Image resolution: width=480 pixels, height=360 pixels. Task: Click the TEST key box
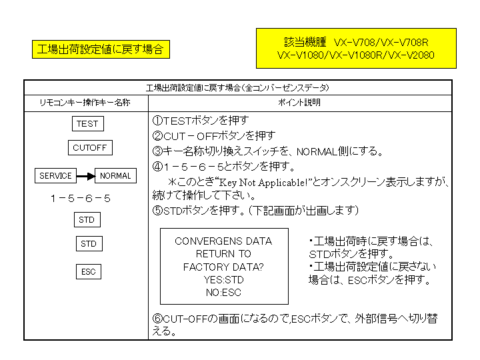coord(87,124)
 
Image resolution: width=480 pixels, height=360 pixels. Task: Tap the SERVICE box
coord(55,176)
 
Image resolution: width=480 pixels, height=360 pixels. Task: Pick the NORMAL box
coord(115,176)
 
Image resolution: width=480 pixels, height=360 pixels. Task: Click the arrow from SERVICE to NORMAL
coord(85,176)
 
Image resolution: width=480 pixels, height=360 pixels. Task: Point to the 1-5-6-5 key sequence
coord(80,199)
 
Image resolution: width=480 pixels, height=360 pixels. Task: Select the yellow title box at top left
coord(100,50)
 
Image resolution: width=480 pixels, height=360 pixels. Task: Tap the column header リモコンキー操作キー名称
coord(85,103)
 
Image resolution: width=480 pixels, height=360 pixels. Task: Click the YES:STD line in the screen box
coord(223,280)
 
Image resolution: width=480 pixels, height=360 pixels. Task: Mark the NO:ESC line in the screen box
coord(223,293)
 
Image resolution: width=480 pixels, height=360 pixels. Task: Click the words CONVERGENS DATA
coord(223,241)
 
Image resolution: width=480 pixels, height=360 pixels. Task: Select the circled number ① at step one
coord(157,121)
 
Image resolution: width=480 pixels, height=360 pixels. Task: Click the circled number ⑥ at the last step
coord(157,319)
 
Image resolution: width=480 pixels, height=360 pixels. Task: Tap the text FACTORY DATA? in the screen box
coord(223,267)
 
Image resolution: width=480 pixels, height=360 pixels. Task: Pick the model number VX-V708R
coord(405,42)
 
